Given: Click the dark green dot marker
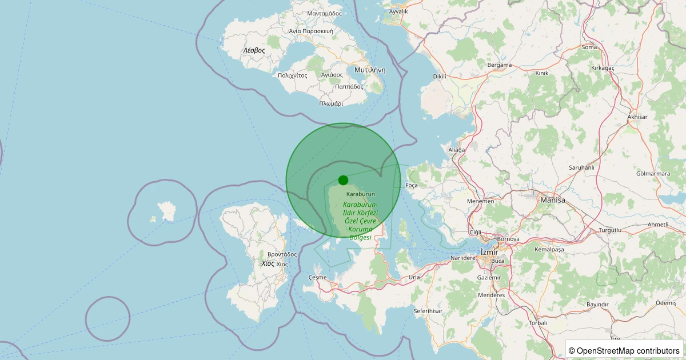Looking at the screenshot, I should pyautogui.click(x=343, y=180).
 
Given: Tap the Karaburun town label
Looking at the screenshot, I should pyautogui.click(x=360, y=195).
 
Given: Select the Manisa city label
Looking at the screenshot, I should pyautogui.click(x=552, y=201).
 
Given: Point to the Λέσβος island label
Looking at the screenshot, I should pyautogui.click(x=254, y=50).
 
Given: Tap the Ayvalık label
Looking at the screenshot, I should pyautogui.click(x=398, y=11).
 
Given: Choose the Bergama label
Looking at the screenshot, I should pyautogui.click(x=499, y=65).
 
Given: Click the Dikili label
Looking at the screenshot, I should pyautogui.click(x=440, y=76).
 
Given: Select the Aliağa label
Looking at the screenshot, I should pyautogui.click(x=457, y=150).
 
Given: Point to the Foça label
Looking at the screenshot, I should pyautogui.click(x=412, y=186).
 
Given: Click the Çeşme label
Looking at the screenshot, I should pyautogui.click(x=317, y=277).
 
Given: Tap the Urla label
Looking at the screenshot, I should pyautogui.click(x=414, y=277).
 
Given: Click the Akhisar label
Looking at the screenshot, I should pyautogui.click(x=637, y=117).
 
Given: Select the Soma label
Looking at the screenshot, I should pyautogui.click(x=589, y=47).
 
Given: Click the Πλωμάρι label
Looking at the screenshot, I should pyautogui.click(x=331, y=104).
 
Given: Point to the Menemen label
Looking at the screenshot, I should pyautogui.click(x=480, y=201).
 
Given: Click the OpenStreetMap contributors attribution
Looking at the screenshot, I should pyautogui.click(x=624, y=350).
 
